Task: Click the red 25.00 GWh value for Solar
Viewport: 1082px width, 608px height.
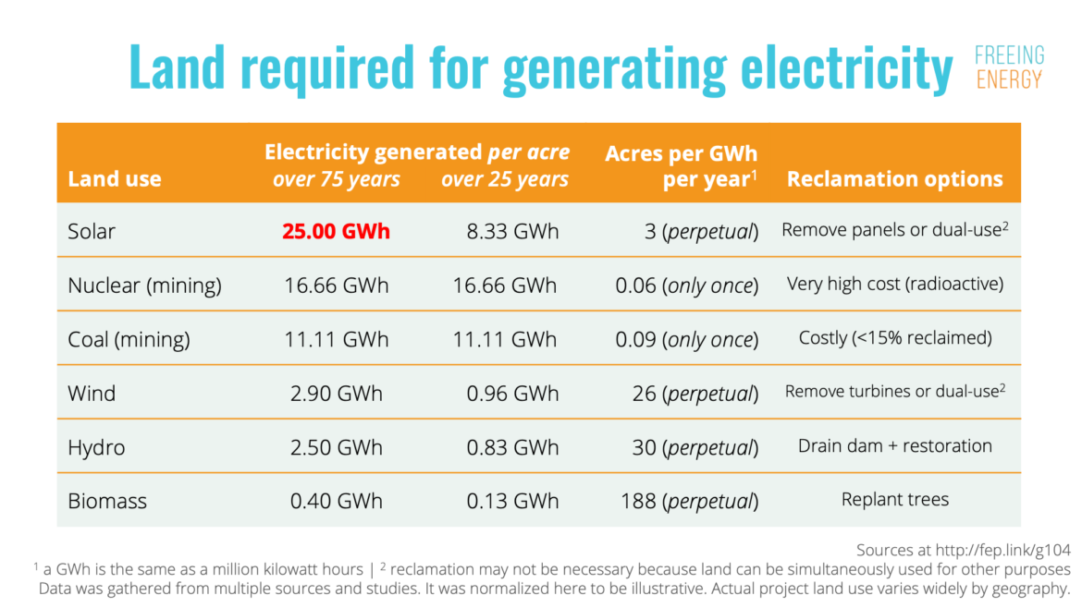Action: pos(336,231)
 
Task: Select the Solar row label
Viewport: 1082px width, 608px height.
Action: pos(92,231)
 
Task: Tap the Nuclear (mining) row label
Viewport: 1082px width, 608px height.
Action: pos(144,286)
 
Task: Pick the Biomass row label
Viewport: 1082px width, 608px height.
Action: pos(107,501)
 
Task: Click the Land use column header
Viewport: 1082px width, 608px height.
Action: pos(115,179)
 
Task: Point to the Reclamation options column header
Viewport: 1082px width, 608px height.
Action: pos(894,179)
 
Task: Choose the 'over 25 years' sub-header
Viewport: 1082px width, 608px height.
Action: pos(505,179)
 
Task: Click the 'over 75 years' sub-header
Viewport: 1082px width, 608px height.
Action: pos(336,179)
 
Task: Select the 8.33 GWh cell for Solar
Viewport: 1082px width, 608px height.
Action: pos(512,231)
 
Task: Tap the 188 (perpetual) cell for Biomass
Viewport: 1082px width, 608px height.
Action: pos(689,501)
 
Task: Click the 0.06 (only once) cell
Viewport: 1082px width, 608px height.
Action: pos(686,286)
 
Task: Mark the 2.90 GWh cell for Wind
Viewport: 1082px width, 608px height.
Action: pos(336,393)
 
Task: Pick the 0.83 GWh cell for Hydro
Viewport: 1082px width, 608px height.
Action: pos(512,447)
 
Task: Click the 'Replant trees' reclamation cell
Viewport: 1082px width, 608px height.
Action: pos(894,500)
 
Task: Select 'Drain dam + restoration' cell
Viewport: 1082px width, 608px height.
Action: pos(894,446)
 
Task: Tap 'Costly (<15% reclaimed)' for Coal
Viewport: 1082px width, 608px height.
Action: pos(894,338)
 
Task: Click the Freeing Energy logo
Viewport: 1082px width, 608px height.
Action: pos(1009,67)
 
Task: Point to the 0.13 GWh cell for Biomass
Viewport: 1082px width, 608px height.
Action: pos(512,501)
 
